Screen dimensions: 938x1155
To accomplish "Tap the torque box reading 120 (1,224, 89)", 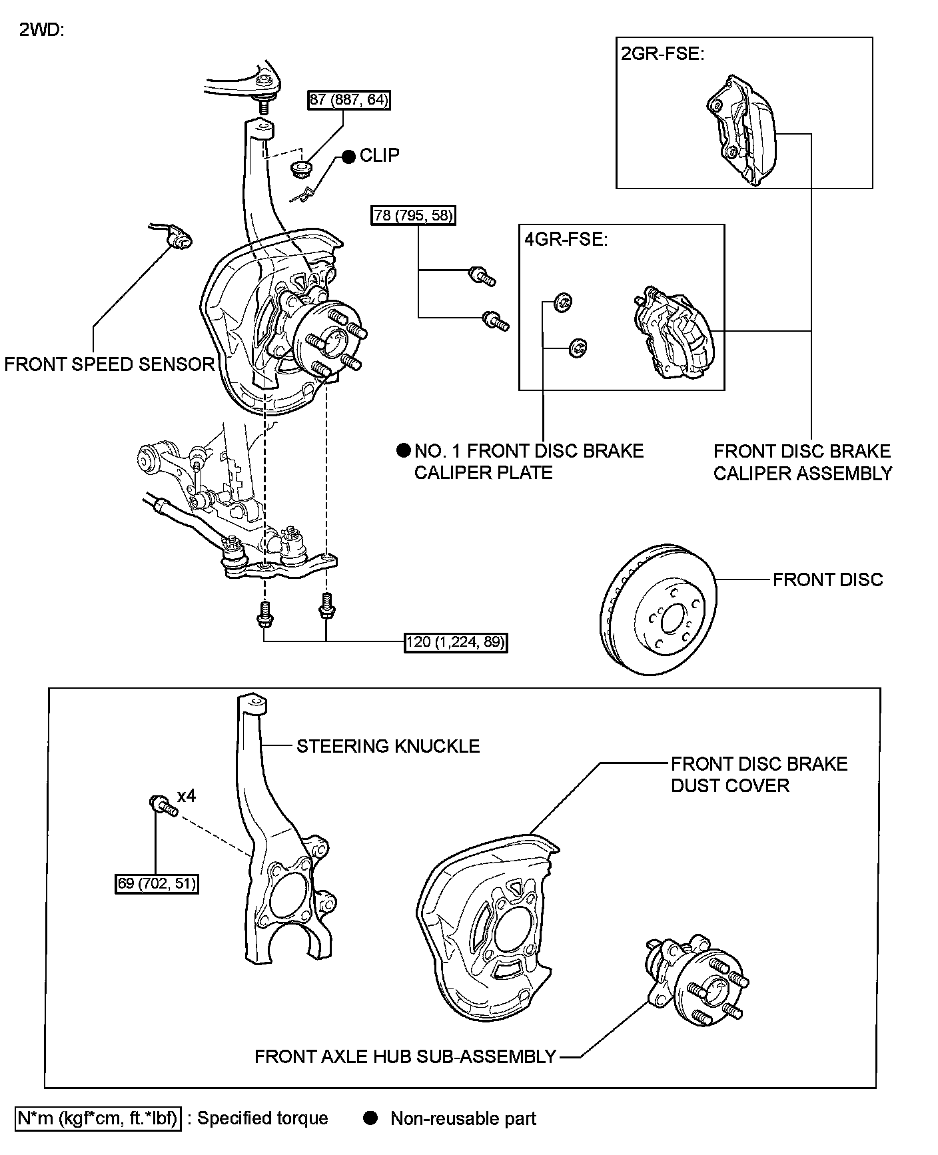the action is (456, 642).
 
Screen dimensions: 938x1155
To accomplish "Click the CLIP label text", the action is (380, 156).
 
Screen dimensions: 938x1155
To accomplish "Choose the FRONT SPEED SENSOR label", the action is (110, 364).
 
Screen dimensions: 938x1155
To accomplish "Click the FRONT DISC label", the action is (828, 580).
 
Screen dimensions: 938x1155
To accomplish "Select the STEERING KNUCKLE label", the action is (388, 746).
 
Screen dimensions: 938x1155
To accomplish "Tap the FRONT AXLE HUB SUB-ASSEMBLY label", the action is (405, 1057).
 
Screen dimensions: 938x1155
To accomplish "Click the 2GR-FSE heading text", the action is (662, 53).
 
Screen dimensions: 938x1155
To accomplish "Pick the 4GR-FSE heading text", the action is (566, 239).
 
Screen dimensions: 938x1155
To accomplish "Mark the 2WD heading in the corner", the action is (41, 31).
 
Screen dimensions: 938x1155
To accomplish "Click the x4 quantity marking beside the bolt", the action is (187, 796).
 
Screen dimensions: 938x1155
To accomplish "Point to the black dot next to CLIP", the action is (349, 157).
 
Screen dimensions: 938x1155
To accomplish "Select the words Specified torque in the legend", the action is (262, 1118).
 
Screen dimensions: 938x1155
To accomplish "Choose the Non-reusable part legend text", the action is (464, 1118).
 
